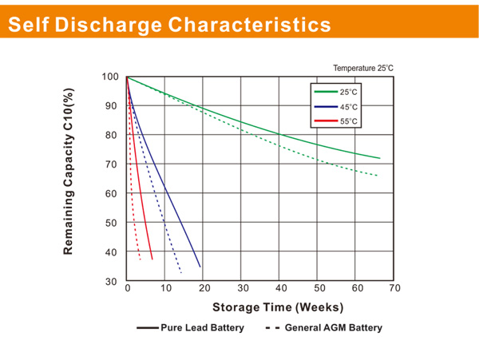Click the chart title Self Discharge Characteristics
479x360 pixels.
click(168, 24)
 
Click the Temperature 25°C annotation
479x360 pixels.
click(363, 69)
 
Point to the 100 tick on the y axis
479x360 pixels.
click(111, 77)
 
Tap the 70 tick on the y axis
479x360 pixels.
click(113, 164)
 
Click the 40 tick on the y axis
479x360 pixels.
click(113, 252)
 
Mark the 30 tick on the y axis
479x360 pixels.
click(113, 282)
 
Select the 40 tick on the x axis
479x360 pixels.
click(281, 289)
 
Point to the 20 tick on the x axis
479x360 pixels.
click(204, 289)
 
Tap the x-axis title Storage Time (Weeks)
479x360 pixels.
click(278, 307)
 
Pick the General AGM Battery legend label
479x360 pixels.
click(333, 327)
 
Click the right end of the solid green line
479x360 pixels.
click(380, 158)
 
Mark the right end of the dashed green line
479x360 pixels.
click(377, 176)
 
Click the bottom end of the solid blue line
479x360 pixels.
click(200, 267)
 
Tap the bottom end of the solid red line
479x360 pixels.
click(152, 259)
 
